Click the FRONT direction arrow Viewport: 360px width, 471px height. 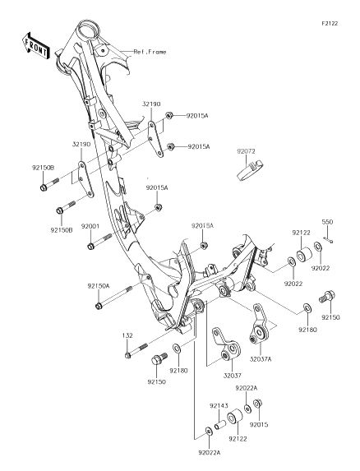(35, 46)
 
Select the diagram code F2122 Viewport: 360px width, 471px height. (330, 24)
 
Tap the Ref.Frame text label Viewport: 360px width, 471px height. (150, 52)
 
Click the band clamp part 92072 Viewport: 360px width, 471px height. (250, 171)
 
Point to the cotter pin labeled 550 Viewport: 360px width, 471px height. (328, 239)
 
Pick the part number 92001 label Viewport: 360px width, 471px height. (90, 226)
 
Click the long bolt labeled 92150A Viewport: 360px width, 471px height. (114, 298)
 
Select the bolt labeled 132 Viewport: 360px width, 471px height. (136, 350)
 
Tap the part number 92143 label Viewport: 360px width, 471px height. (219, 406)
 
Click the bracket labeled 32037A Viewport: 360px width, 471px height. (259, 326)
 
